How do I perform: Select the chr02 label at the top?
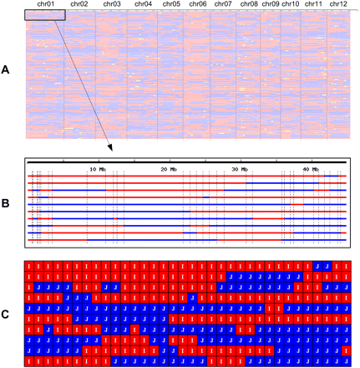(80, 4)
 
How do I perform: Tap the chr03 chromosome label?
(111, 4)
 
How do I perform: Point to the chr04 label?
(143, 4)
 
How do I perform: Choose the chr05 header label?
(171, 4)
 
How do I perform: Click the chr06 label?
(198, 4)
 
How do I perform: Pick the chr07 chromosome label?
(223, 4)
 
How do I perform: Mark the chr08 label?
(248, 4)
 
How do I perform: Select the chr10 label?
(291, 4)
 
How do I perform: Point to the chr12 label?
(338, 4)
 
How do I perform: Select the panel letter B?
(8, 202)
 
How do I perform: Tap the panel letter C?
(8, 314)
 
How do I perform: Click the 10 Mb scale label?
(98, 169)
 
